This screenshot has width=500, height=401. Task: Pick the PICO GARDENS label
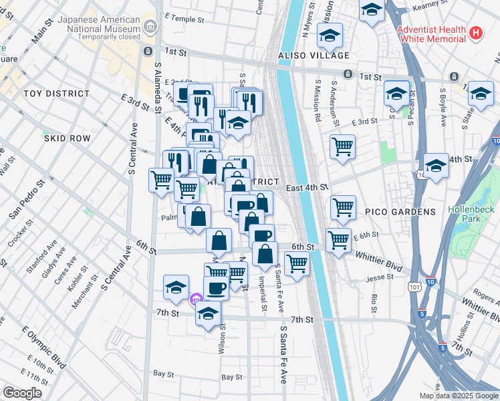pos(400,212)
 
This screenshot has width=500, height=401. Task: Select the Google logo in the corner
pos(23,393)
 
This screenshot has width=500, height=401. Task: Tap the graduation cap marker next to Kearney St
pos(372,10)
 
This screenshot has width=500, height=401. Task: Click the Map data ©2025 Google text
pos(459,396)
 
